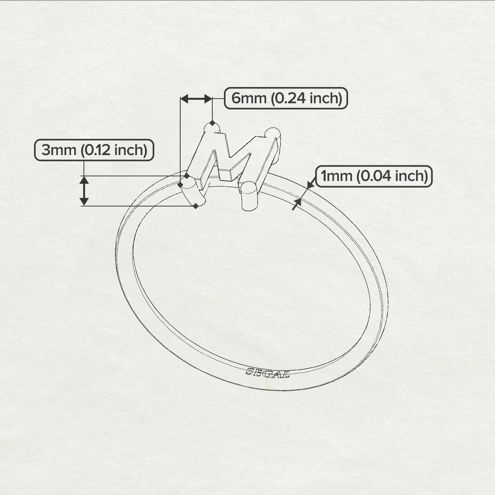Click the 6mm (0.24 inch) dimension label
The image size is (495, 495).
286,98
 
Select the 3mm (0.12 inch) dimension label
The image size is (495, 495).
94,150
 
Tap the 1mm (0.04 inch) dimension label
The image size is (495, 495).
374,176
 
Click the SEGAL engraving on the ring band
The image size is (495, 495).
267,373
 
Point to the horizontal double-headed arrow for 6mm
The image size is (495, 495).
196,99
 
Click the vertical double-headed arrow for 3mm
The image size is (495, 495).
84,191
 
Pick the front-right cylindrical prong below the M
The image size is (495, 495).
249,195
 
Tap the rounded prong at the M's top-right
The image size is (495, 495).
272,134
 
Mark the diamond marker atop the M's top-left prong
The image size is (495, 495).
212,123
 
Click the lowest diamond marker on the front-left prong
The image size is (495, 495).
196,206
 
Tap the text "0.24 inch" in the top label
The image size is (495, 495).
306,98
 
